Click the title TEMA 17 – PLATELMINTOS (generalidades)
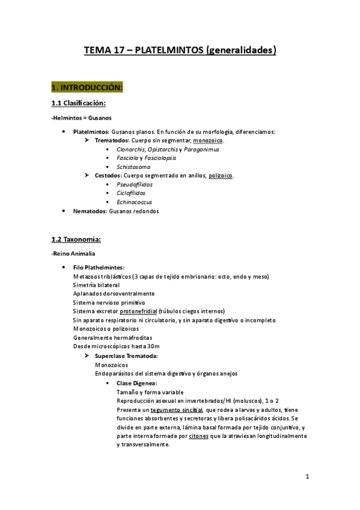[x=180, y=51]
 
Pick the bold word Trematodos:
[x=115, y=140]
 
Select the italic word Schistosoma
[x=133, y=167]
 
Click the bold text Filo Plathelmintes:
[x=99, y=267]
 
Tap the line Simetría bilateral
[x=96, y=284]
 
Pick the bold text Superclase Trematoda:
[x=126, y=356]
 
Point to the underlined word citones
[x=198, y=436]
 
